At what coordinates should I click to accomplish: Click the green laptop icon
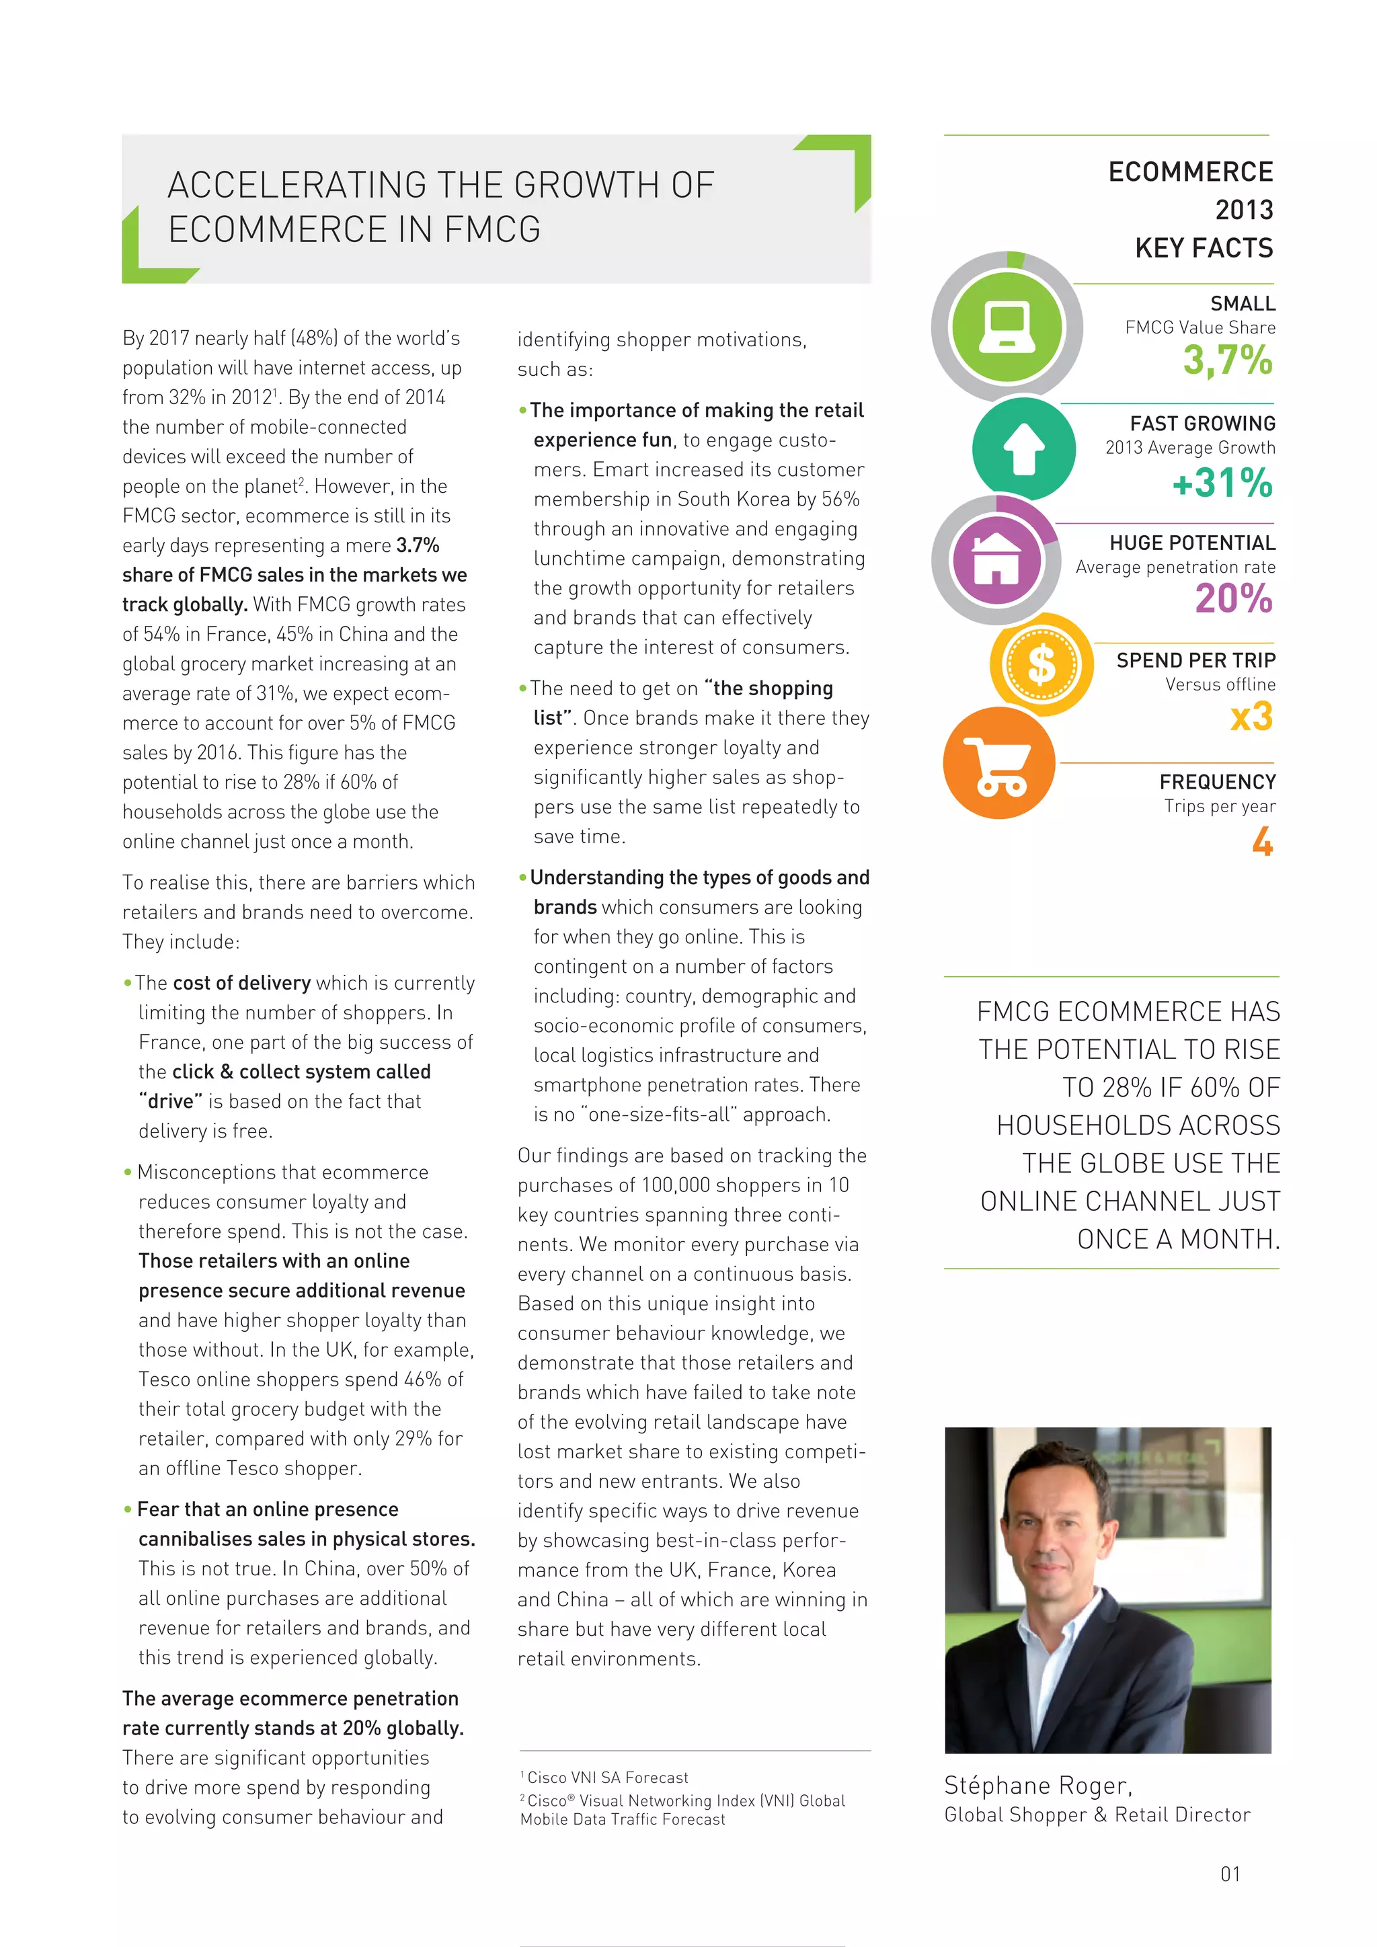click(x=1007, y=327)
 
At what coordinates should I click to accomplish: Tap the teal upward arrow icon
click(x=1023, y=448)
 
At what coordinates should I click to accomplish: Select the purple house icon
click(x=996, y=559)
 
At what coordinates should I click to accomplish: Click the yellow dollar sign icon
click(x=1041, y=664)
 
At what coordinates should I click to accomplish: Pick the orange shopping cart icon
click(x=999, y=763)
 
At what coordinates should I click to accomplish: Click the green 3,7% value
click(x=1227, y=360)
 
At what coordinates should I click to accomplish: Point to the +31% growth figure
click(x=1222, y=483)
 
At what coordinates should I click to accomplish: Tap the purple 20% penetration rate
click(x=1233, y=598)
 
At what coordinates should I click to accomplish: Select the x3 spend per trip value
click(x=1251, y=717)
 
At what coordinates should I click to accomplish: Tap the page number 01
click(x=1230, y=1873)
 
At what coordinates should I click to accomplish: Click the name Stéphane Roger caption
click(x=1038, y=1785)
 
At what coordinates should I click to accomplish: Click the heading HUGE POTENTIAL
click(x=1191, y=543)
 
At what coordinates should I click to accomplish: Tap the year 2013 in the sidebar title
click(x=1243, y=210)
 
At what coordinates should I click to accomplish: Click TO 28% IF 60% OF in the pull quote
click(x=1171, y=1087)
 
